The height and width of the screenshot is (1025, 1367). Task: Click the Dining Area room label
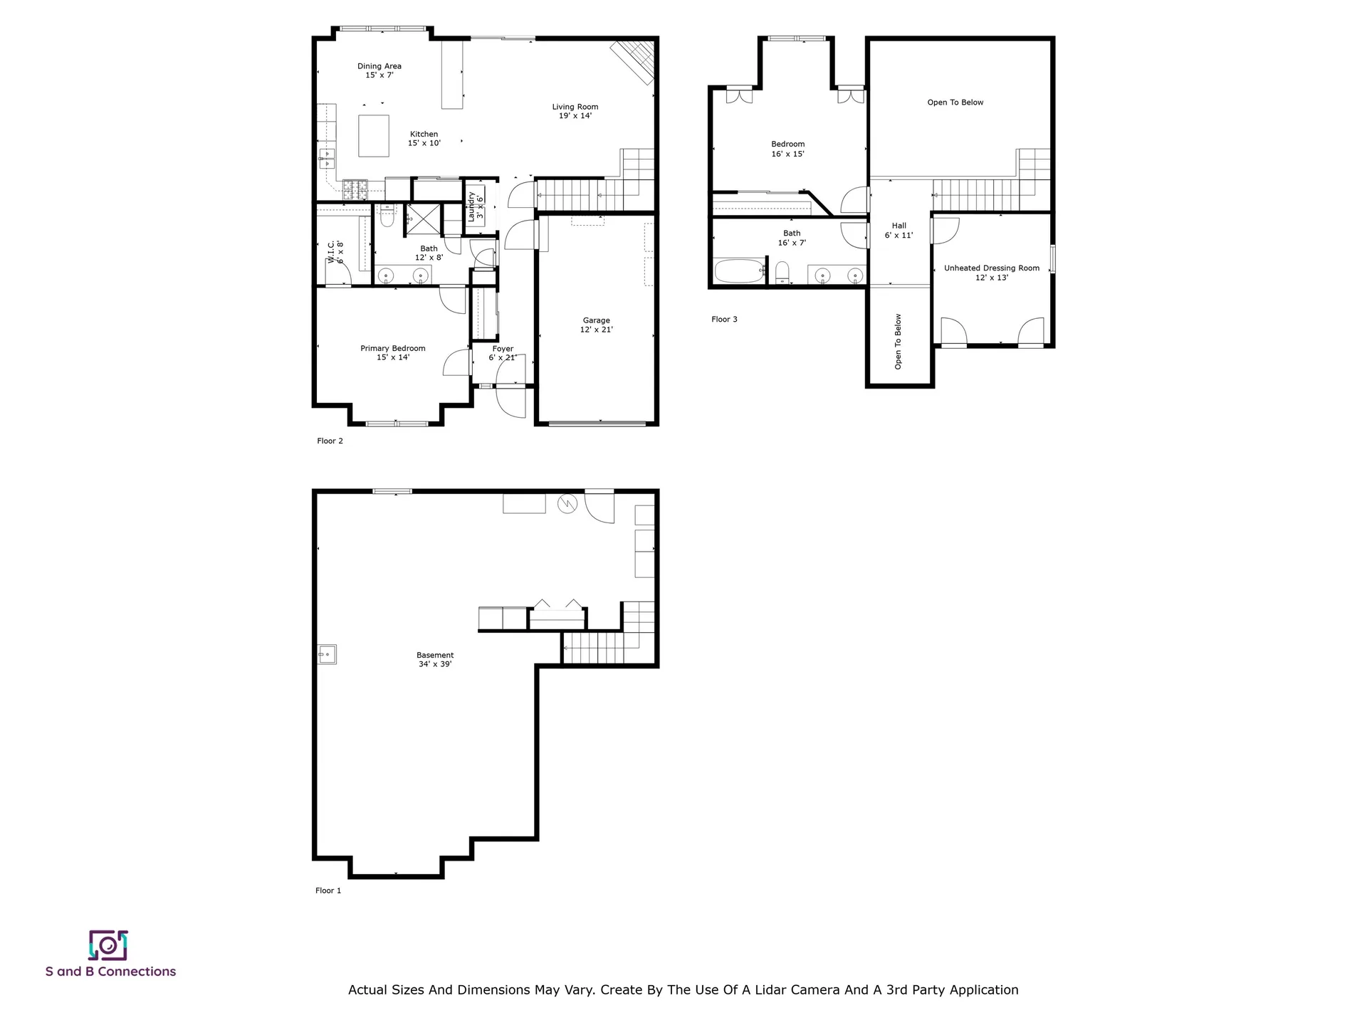[379, 70]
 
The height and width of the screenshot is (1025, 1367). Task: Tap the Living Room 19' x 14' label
[575, 111]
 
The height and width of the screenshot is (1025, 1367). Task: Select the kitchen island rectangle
[373, 135]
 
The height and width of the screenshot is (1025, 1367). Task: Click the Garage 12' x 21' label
[596, 325]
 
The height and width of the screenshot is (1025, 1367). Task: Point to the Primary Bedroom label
[392, 352]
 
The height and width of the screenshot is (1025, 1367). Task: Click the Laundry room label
[475, 206]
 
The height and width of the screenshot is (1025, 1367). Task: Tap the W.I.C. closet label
[335, 252]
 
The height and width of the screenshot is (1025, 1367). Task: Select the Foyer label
[503, 353]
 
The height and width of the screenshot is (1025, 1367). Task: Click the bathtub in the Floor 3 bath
[738, 271]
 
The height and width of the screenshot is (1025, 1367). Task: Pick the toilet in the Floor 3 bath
[782, 271]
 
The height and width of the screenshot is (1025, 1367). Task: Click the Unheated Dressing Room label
[991, 273]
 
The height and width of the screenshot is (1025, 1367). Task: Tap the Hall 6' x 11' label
[899, 230]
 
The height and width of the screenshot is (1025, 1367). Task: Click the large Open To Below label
[955, 102]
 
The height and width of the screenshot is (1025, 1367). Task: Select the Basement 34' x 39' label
[434, 659]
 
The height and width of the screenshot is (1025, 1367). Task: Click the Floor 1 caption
[328, 890]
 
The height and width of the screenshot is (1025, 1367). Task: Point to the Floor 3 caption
[724, 319]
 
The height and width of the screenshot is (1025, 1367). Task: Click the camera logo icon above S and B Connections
[108, 945]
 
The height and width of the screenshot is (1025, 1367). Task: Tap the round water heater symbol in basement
[567, 504]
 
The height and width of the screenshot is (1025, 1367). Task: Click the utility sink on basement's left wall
[327, 653]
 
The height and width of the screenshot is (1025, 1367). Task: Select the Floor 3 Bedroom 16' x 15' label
[787, 149]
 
